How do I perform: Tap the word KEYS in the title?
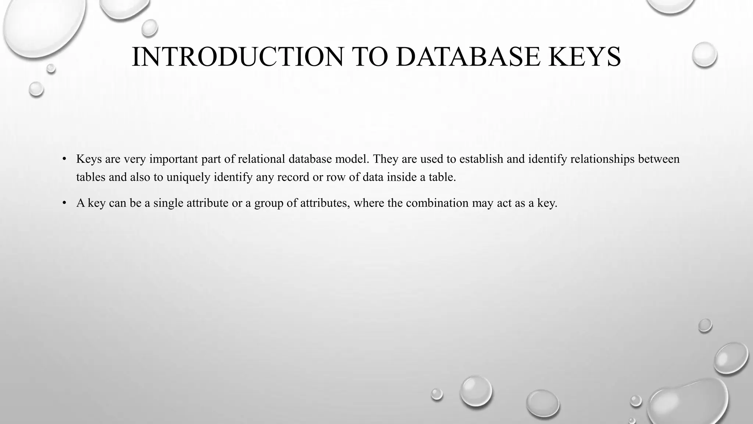point(584,57)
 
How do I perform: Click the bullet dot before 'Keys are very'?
point(64,159)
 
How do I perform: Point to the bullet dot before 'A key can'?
point(64,203)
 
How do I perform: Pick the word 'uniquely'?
point(188,177)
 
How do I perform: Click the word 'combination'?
point(437,203)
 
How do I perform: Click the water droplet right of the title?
point(704,55)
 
